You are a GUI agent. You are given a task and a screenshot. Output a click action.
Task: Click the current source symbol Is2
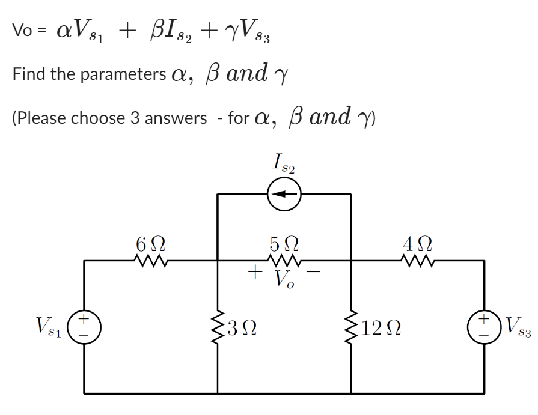284,194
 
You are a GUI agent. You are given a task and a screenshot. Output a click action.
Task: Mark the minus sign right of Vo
314,274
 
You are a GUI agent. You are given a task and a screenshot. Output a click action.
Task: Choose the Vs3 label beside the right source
518,327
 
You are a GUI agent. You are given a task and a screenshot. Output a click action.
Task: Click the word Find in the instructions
28,74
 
